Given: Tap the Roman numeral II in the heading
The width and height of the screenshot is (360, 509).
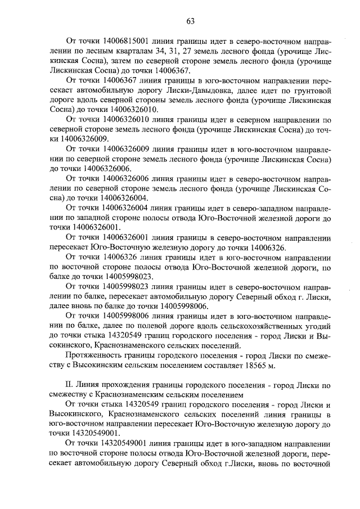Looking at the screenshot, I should [x=69, y=385].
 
